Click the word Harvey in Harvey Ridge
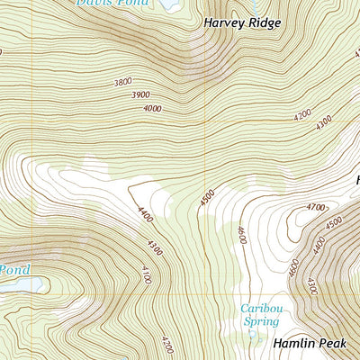[x=223, y=22]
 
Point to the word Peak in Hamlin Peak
[x=332, y=344]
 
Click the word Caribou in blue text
[x=259, y=308]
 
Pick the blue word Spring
[x=258, y=320]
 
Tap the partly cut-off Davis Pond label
[x=112, y=4]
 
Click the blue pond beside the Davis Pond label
[x=168, y=4]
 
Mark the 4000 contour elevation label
[x=152, y=108]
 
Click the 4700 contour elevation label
[x=315, y=208]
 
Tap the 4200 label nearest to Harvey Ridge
[x=302, y=114]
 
